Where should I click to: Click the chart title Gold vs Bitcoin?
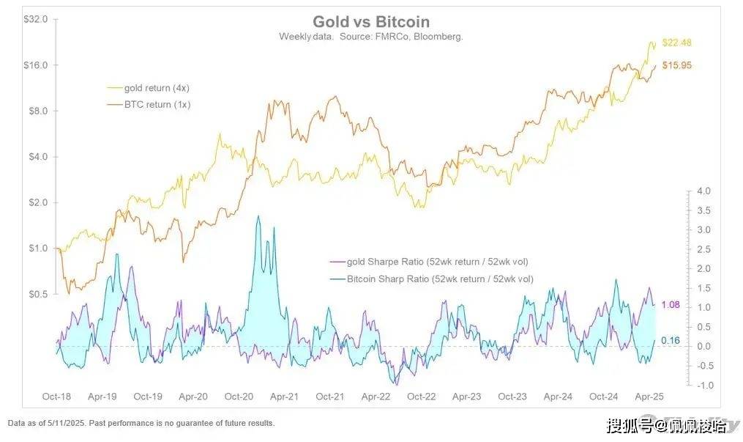pyautogui.click(x=371, y=21)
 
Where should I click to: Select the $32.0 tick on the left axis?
pyautogui.click(x=36, y=20)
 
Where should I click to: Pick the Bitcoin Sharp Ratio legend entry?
pyautogui.click(x=439, y=279)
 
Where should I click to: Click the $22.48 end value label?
pyautogui.click(x=676, y=42)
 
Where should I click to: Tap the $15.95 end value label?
pyautogui.click(x=676, y=65)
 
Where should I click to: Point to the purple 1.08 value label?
pyautogui.click(x=671, y=304)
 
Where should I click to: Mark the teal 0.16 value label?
pyautogui.click(x=671, y=340)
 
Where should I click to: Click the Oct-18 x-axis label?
pyautogui.click(x=56, y=397)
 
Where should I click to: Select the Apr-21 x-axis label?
pyautogui.click(x=284, y=397)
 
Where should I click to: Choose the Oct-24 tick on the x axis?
pyautogui.click(x=603, y=397)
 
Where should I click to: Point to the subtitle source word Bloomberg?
pyautogui.click(x=436, y=36)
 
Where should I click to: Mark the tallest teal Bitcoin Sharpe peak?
pyautogui.click(x=258, y=217)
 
